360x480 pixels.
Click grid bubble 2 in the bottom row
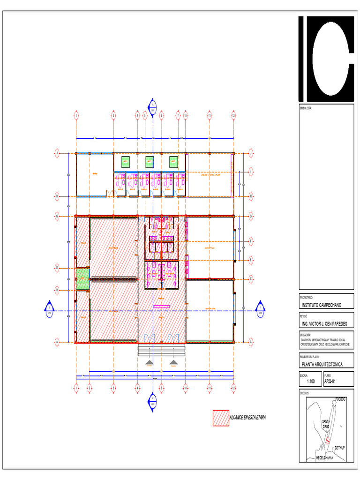pos(89,388)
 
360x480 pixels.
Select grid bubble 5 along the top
pos(145,114)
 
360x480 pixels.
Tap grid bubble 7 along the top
pos(178,114)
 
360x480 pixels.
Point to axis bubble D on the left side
pos(57,267)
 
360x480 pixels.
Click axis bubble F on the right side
pos(251,241)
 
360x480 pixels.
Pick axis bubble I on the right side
pos(251,173)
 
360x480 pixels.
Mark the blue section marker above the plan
pos(152,105)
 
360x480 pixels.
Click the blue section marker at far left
pos(49,307)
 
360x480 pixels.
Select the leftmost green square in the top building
pos(125,161)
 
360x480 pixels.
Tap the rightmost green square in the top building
pos(173,161)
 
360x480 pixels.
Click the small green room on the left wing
pos(82,278)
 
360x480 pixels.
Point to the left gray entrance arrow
pos(149,362)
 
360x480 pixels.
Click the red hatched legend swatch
pos(220,418)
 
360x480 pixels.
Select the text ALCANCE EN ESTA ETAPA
pos(247,417)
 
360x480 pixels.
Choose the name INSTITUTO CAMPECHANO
pos(322,305)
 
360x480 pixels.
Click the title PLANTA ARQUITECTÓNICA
pos(322,364)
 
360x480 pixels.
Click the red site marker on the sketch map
pos(328,441)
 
